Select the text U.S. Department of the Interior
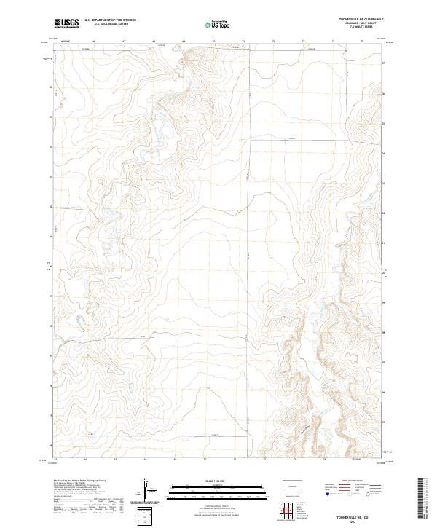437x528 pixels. coord(110,20)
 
